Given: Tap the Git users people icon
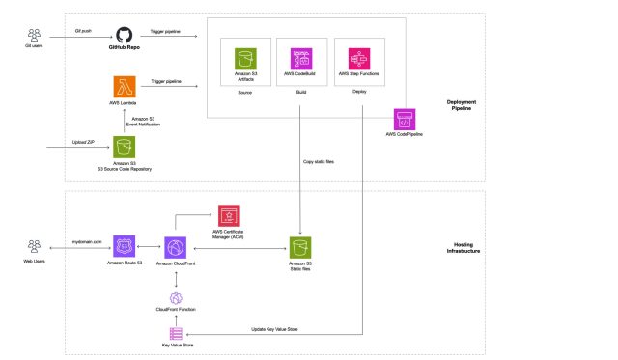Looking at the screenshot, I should click(35, 34).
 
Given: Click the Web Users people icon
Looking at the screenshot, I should click(35, 246).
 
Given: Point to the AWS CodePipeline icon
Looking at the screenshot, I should click(406, 119).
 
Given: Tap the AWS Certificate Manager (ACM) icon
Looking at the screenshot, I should click(229, 215).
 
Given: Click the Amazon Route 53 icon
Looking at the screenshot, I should click(124, 247).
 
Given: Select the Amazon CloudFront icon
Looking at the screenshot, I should click(175, 247).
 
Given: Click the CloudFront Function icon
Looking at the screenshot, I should click(175, 297).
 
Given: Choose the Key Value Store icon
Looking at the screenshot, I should click(175, 332).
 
